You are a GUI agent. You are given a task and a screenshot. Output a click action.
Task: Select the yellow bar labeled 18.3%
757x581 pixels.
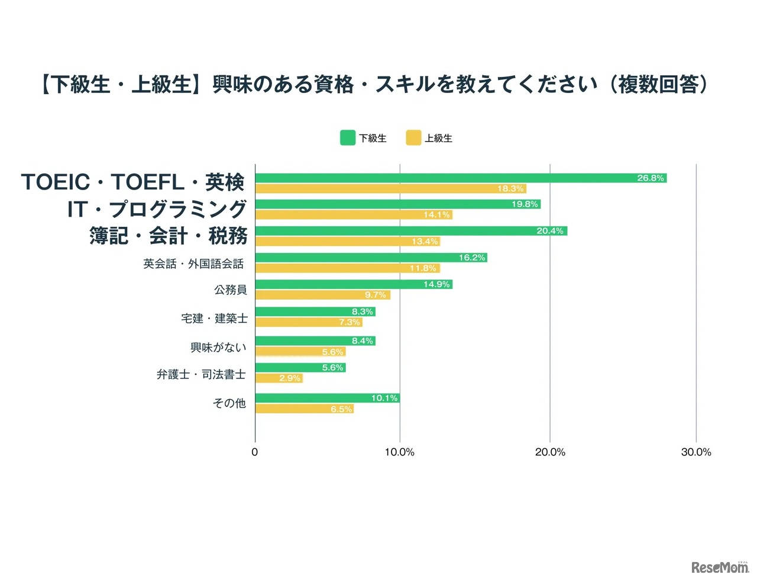[390, 189]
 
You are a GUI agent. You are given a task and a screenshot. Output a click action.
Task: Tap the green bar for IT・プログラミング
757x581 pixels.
[397, 204]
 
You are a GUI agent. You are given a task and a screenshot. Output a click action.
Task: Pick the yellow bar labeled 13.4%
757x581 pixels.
[347, 242]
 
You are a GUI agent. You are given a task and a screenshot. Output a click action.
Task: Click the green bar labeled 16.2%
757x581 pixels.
[371, 258]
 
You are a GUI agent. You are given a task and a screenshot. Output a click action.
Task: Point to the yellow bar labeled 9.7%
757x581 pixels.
[322, 295]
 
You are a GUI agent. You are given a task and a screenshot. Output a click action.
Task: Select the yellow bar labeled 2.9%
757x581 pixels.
[279, 378]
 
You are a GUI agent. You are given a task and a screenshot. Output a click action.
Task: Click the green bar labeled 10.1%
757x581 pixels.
[327, 398]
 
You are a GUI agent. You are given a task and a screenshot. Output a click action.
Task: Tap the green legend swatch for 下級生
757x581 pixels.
[348, 138]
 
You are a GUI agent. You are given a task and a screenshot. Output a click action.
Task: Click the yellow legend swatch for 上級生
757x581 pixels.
[413, 138]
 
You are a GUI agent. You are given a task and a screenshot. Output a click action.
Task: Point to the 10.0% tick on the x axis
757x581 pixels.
[400, 452]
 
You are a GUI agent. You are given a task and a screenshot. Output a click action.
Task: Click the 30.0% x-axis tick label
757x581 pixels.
[696, 452]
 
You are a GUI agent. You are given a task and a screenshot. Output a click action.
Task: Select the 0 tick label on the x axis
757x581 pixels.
[255, 452]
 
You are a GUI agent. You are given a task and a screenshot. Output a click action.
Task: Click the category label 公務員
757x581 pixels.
[231, 290]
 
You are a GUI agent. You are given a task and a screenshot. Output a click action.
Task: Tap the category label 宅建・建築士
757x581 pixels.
[214, 319]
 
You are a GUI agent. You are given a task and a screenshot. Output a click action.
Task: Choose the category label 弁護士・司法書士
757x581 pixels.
[201, 374]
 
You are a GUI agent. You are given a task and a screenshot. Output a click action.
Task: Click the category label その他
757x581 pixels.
[229, 403]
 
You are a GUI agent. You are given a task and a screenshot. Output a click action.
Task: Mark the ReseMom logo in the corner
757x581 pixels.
[720, 567]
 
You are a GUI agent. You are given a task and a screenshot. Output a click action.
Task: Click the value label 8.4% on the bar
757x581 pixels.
[363, 341]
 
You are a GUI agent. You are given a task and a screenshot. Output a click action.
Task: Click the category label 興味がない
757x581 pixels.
[218, 348]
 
